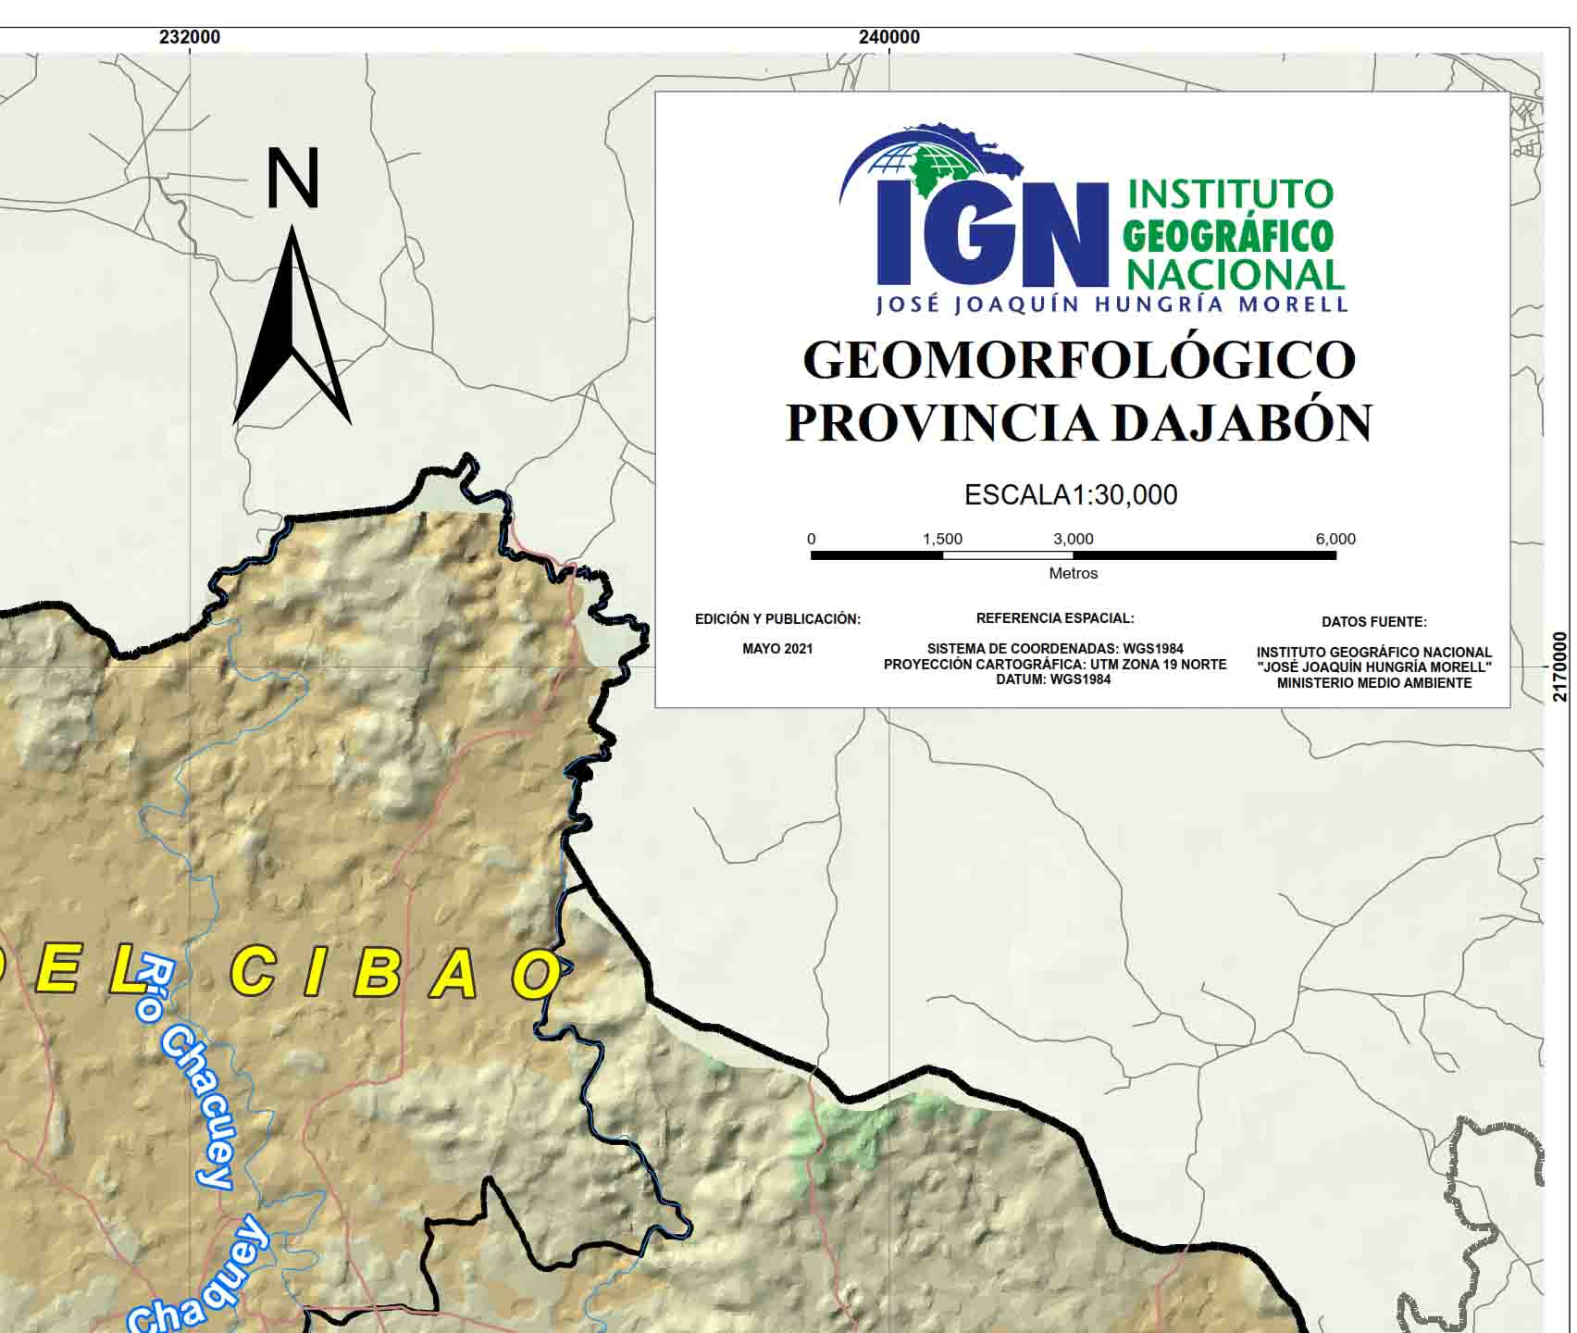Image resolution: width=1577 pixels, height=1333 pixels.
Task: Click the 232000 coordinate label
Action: coord(190,37)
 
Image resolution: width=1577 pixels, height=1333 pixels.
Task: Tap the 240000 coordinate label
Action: coord(889,37)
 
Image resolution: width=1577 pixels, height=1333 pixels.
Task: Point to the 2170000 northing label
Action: coord(1561,666)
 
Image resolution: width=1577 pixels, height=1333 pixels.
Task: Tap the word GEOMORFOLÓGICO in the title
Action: coord(1079,359)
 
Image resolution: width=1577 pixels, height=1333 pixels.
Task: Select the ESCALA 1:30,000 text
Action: coord(1071,494)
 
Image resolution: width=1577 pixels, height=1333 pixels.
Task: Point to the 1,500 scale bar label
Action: coord(942,539)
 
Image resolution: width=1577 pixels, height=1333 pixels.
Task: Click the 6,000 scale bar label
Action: coord(1335,539)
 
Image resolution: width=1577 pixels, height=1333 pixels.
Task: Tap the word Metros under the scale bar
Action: coord(1074,574)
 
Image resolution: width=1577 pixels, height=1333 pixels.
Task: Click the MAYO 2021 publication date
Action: coord(777,649)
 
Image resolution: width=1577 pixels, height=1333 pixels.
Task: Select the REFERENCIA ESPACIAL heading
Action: coord(1055,618)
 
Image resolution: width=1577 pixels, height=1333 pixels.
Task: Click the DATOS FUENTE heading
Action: coord(1373,622)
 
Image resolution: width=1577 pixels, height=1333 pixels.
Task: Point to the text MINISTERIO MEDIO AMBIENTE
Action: coord(1373,683)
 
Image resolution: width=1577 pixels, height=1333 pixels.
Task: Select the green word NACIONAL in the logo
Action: coord(1236,274)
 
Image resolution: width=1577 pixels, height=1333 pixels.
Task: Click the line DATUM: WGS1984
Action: coord(1055,679)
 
